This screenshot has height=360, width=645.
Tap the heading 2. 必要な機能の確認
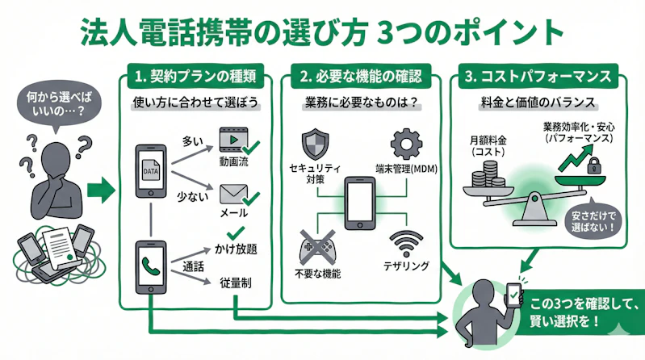point(361,77)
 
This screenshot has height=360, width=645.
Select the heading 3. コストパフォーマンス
point(536,77)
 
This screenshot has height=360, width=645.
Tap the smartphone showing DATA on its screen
point(150,172)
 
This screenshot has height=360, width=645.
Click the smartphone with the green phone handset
point(150,267)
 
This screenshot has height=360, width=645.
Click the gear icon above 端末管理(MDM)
point(406,144)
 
